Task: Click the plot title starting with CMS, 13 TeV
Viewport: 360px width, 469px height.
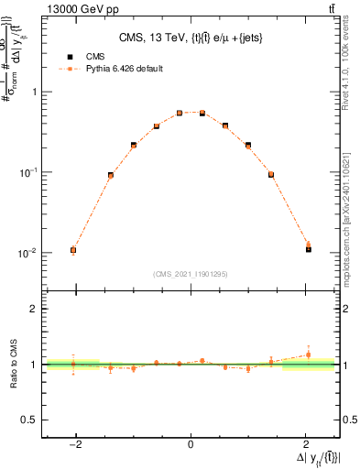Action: (x=190, y=38)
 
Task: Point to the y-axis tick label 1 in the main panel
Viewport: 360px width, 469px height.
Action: (x=35, y=93)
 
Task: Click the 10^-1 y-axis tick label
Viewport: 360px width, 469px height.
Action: (x=30, y=172)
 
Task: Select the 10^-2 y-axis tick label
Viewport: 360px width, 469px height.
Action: (x=30, y=253)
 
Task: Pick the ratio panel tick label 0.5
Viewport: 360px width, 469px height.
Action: (x=30, y=420)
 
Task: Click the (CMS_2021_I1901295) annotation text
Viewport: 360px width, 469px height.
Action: (x=191, y=273)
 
